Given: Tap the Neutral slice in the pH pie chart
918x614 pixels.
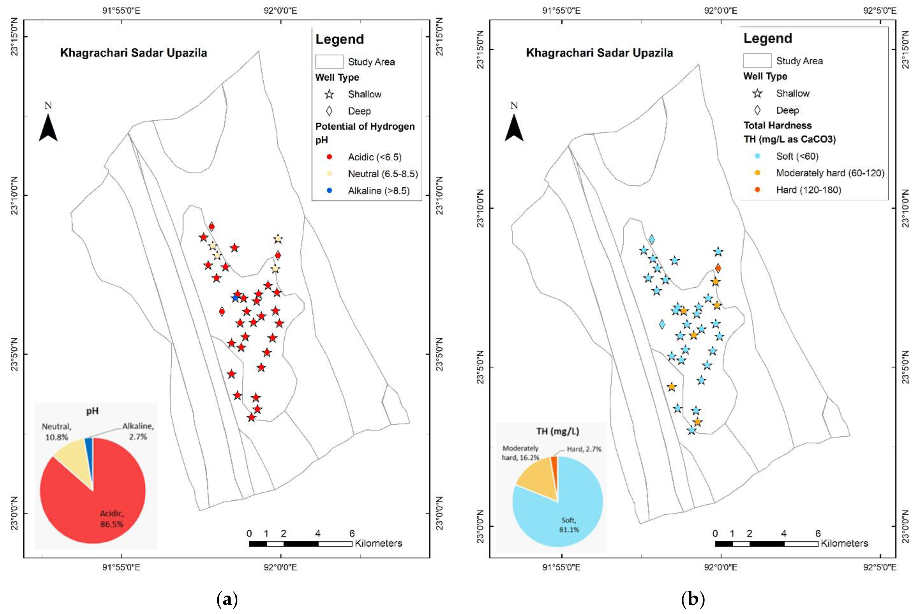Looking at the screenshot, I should click(x=73, y=452).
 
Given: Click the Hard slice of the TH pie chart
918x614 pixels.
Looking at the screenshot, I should click(x=554, y=462).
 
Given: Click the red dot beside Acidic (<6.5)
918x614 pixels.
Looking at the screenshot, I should click(x=329, y=157).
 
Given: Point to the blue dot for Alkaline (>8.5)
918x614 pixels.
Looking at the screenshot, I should click(x=329, y=191).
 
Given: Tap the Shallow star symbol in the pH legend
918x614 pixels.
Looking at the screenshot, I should click(x=329, y=94).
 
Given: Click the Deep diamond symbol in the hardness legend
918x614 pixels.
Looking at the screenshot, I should click(x=757, y=110).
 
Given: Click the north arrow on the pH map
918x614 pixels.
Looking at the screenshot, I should click(x=48, y=127).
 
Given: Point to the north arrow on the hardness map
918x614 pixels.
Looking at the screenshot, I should click(x=514, y=127).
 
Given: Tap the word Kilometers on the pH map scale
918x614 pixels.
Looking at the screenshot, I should click(x=378, y=544).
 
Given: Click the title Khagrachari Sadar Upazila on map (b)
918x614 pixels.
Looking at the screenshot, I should click(x=599, y=53).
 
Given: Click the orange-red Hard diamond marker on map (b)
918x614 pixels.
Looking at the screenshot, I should click(x=718, y=268).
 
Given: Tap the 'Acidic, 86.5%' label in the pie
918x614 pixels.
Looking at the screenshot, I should click(x=112, y=519).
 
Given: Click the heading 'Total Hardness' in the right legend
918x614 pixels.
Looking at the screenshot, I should click(x=777, y=125).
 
